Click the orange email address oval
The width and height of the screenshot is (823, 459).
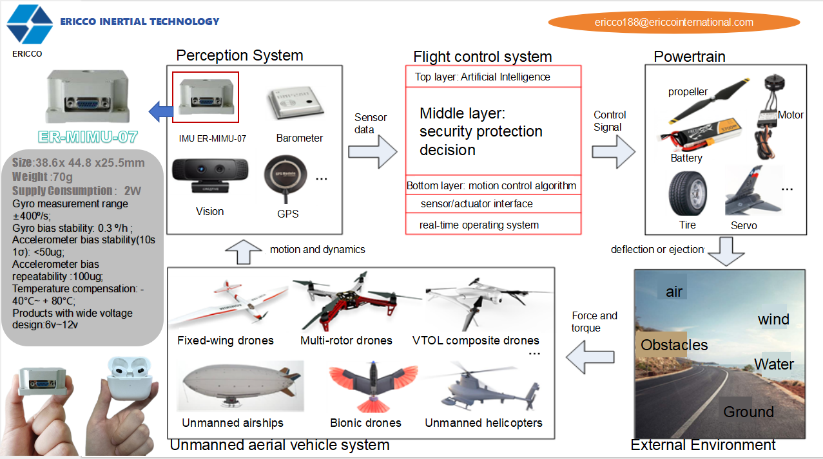click(673, 22)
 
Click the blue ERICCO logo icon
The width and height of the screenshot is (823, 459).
click(30, 24)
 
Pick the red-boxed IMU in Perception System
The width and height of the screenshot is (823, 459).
click(206, 97)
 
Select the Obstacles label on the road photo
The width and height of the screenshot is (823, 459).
click(674, 345)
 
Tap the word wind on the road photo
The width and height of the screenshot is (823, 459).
click(773, 319)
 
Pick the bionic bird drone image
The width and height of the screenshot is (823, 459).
click(370, 387)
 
